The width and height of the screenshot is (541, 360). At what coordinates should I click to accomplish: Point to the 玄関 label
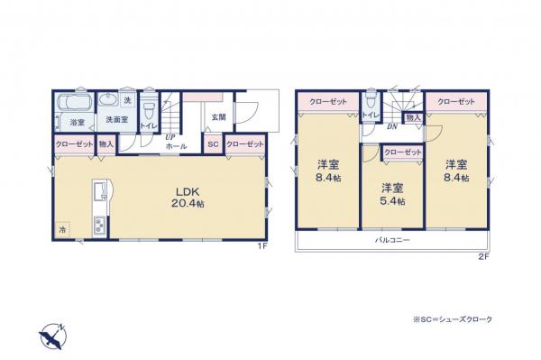coord(219,117)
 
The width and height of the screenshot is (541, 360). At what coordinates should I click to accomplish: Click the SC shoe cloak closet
coord(213,144)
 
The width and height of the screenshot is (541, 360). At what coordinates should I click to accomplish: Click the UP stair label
coord(169,137)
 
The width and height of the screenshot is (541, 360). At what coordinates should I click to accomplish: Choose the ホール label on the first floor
coord(178,145)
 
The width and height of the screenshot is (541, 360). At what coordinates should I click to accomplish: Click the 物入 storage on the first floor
coord(105,144)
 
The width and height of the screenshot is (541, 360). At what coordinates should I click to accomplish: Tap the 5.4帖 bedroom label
coord(391,194)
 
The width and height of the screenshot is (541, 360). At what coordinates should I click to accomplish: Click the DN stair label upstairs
coord(392,127)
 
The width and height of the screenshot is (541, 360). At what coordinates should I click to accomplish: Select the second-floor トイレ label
coord(370,115)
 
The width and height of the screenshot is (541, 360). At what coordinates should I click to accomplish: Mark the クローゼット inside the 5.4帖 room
coord(401,153)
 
